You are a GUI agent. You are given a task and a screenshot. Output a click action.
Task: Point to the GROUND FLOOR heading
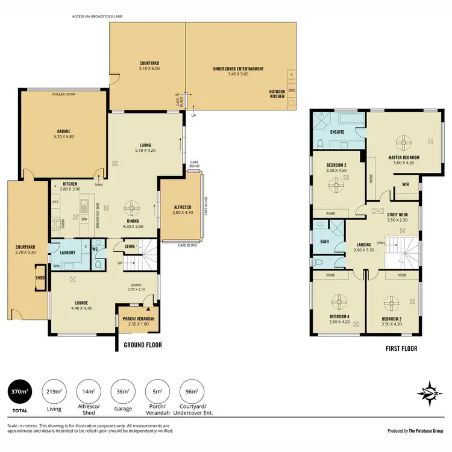142,345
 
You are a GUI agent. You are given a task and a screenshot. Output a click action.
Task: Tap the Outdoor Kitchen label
277,95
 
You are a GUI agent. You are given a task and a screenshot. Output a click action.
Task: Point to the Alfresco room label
181,209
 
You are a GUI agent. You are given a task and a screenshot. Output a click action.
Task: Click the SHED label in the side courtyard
40,278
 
